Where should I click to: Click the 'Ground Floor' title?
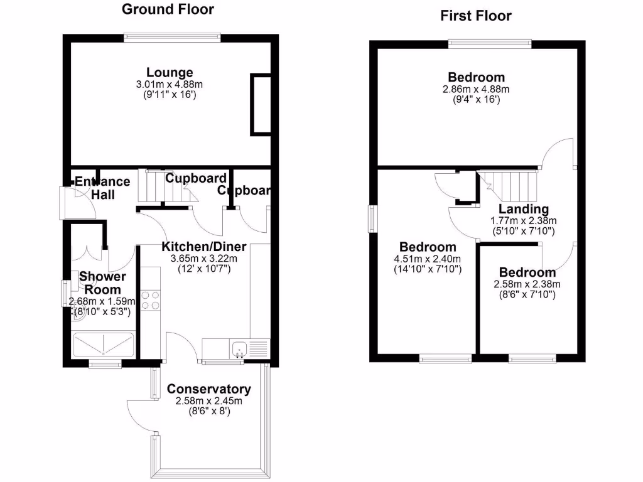167,9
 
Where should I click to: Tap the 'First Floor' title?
475,16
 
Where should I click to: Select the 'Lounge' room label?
170,73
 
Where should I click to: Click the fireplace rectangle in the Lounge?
261,104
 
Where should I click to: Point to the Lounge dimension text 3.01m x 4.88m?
170,85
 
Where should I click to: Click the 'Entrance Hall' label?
102,188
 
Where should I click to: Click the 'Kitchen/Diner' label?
204,247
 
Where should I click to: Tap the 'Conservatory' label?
208,390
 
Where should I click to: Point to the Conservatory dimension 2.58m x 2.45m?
208,401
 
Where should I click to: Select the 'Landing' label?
524,210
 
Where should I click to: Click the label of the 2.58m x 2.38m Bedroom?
527,272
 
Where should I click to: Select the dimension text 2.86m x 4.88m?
476,89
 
